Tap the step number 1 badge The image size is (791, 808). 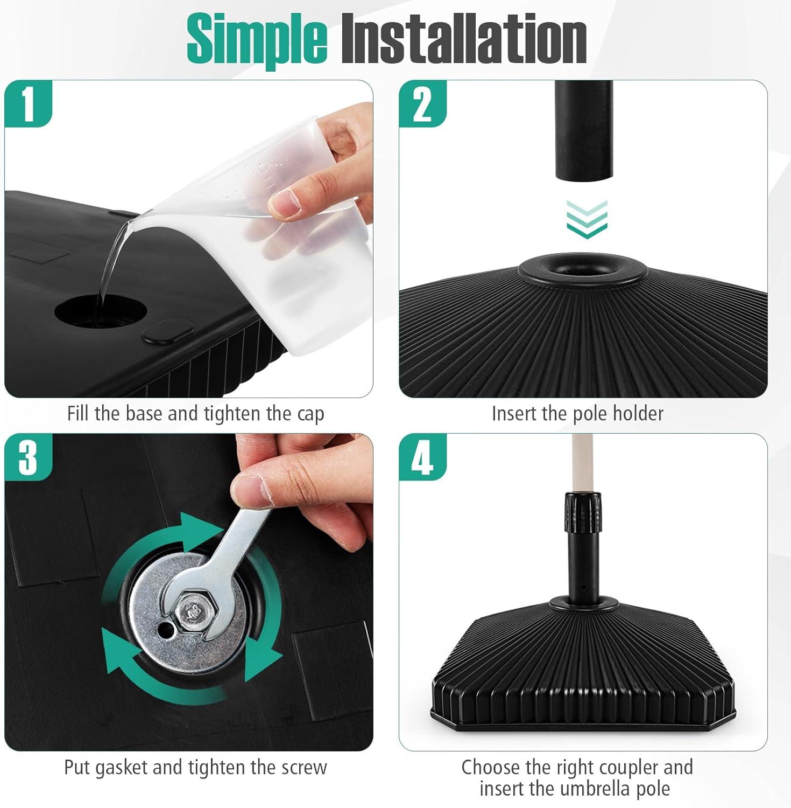[28, 103]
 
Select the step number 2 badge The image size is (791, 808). [422, 103]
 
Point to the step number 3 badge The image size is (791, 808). [28, 457]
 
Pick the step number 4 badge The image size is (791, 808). [422, 457]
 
